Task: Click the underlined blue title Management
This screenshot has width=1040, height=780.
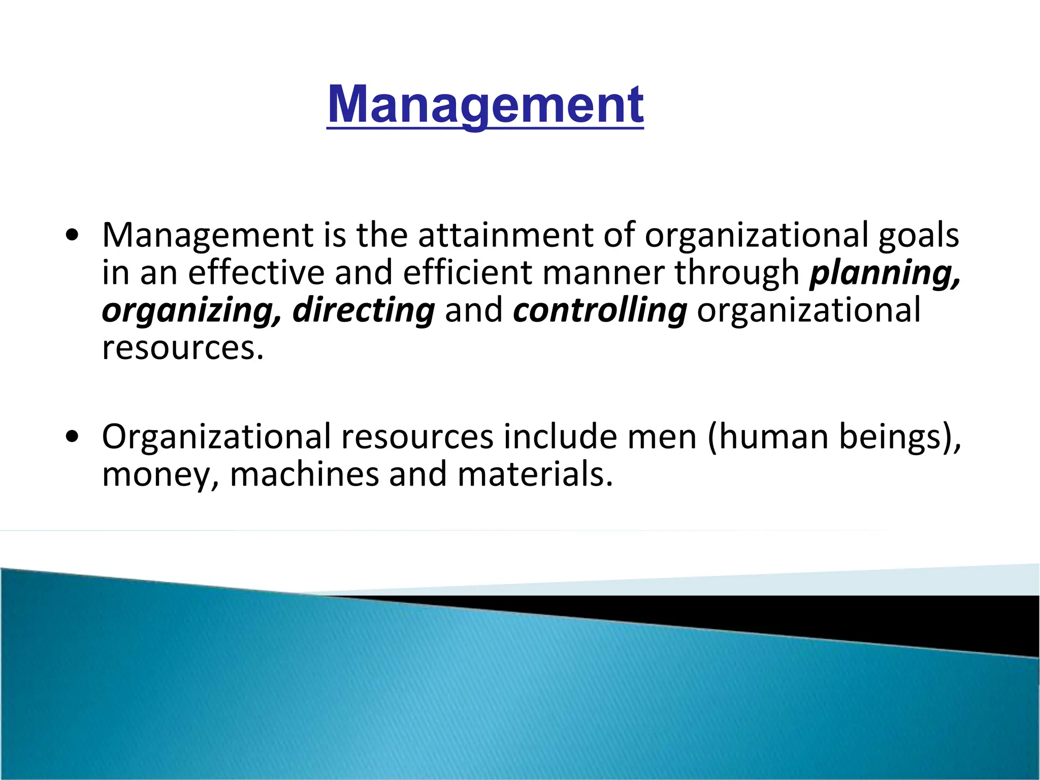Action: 485,105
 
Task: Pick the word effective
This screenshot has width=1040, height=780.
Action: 256,273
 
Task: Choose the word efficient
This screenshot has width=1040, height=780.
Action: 467,273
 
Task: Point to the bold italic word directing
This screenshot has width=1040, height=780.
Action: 364,311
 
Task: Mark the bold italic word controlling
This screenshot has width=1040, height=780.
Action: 600,311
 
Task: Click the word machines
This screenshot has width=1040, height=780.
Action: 304,474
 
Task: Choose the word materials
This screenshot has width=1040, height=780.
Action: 535,474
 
